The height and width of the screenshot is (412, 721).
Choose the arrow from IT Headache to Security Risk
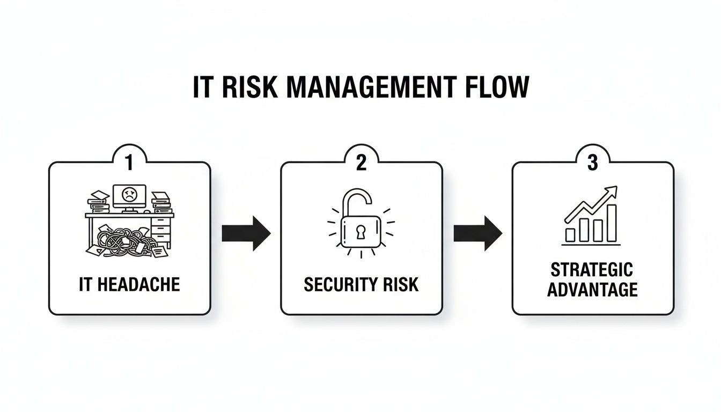click(246, 233)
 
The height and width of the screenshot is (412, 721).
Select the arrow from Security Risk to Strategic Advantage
click(477, 233)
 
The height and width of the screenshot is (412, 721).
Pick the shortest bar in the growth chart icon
click(570, 234)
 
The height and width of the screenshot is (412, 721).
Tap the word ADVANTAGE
click(592, 290)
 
